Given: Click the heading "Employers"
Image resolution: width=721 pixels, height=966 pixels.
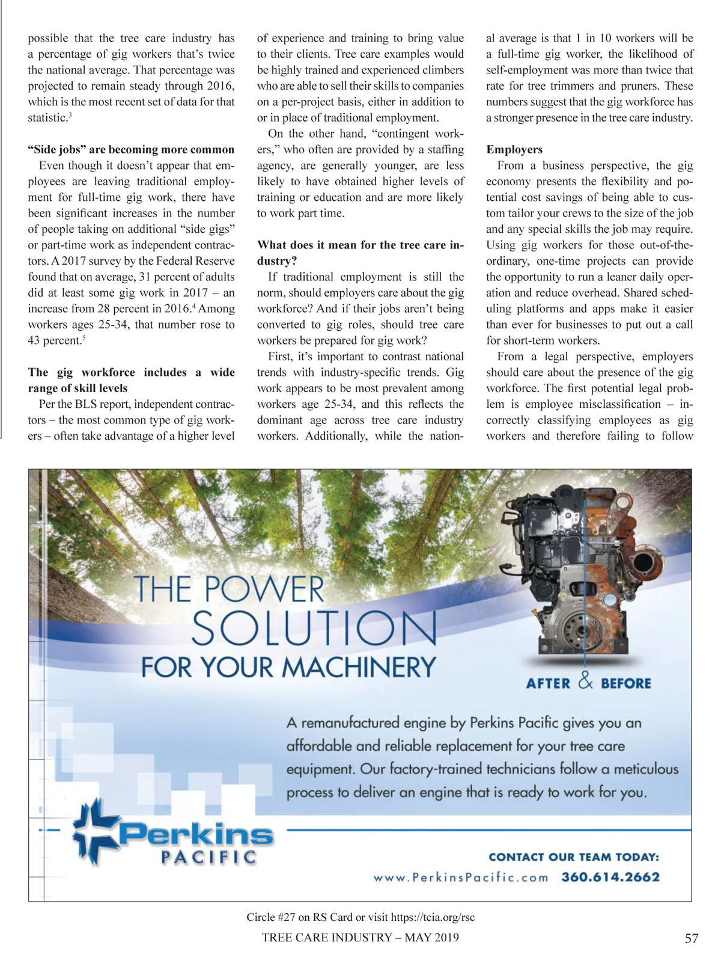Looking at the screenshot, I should click(x=514, y=150).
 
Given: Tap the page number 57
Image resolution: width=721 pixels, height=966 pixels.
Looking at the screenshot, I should click(x=692, y=938).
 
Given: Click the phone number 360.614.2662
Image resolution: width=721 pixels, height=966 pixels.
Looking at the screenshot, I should click(x=610, y=877).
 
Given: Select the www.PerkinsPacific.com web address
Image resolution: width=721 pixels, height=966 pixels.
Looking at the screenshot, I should click(x=461, y=878).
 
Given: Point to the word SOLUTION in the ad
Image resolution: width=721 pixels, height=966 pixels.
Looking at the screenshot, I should click(x=314, y=629).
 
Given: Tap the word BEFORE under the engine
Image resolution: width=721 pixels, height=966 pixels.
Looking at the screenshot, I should click(x=626, y=684).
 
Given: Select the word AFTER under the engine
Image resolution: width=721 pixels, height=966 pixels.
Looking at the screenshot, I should click(x=548, y=684).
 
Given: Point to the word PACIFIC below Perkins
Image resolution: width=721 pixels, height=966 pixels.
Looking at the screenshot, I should click(x=208, y=857).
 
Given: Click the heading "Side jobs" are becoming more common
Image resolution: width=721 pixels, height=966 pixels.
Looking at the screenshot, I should click(x=131, y=150).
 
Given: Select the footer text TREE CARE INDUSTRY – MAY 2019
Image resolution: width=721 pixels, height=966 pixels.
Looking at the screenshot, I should click(x=360, y=938).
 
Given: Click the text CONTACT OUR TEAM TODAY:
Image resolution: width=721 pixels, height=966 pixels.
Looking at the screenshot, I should click(x=574, y=857).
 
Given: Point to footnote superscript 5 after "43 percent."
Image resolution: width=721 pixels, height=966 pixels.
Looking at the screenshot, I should click(x=82, y=337).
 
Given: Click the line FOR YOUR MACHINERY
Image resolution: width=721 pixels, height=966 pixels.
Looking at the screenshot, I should click(x=288, y=667).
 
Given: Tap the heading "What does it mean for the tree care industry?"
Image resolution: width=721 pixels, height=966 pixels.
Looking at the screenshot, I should click(x=360, y=253).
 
